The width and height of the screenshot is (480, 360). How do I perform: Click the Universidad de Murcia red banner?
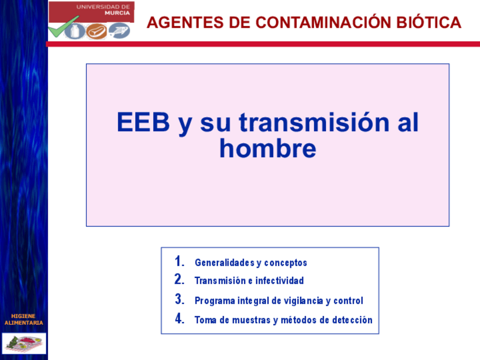(x=92, y=12)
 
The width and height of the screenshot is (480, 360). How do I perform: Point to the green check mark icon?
(x=63, y=27)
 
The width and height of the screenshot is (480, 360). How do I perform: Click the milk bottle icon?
(x=75, y=31)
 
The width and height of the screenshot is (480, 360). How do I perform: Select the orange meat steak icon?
(x=96, y=31)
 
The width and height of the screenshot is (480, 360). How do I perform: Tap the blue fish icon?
(x=119, y=31)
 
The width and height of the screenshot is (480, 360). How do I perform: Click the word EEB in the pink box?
(x=143, y=122)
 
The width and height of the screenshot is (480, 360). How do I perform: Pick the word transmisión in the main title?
(x=314, y=122)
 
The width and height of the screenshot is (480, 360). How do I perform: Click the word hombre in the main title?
(x=268, y=148)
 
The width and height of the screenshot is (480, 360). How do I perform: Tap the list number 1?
(x=179, y=261)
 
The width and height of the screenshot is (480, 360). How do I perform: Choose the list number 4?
(x=179, y=318)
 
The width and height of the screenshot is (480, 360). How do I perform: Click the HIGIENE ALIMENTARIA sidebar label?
(x=24, y=319)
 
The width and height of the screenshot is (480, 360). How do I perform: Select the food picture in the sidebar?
(x=24, y=344)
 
